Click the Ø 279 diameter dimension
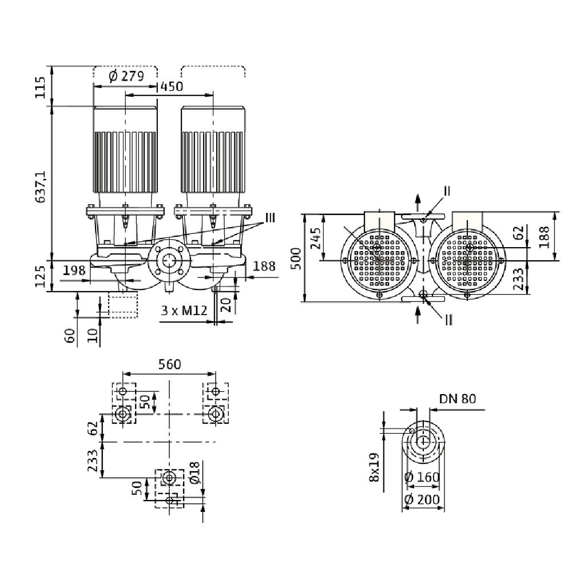coord(125,76)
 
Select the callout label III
coord(269,218)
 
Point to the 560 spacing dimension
coord(169,364)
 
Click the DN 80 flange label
coord(458,399)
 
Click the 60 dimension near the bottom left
coord(70,335)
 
